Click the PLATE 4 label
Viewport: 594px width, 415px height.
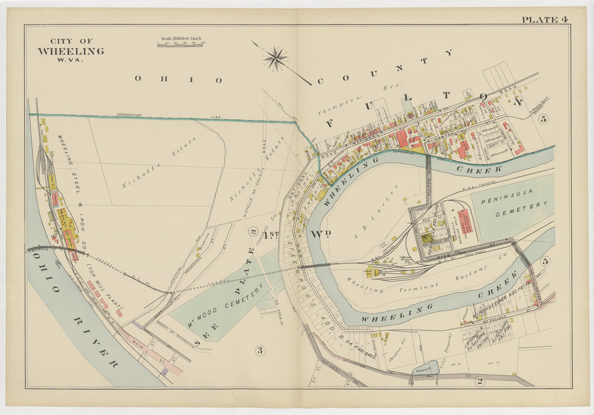coord(544,19)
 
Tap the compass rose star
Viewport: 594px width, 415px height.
coord(276,58)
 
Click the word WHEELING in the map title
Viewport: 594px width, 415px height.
coord(70,51)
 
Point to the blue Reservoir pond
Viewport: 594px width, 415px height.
coord(426,368)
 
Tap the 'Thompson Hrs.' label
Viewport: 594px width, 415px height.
coord(340,102)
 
